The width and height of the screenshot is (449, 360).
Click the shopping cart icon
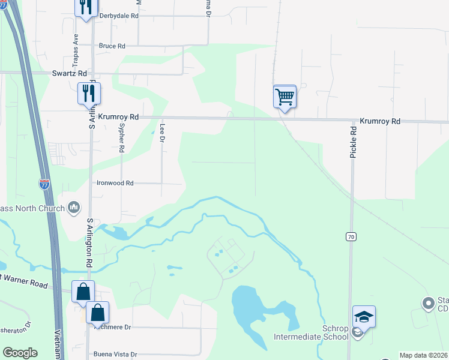coord(285,96)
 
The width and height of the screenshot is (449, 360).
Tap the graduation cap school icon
coord(364,316)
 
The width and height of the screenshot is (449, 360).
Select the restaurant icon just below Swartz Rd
coord(89,93)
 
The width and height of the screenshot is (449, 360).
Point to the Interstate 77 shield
coord(44,184)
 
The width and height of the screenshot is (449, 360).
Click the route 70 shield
coord(351,238)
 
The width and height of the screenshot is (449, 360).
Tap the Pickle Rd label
coord(354,142)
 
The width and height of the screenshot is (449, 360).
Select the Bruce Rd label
coord(112,46)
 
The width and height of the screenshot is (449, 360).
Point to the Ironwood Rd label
coord(115,183)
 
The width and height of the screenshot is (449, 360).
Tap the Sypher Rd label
coord(121,139)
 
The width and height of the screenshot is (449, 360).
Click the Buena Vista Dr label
coord(115,355)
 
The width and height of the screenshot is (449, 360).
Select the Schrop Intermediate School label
coord(311,332)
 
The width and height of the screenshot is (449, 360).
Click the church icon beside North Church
coord(74,207)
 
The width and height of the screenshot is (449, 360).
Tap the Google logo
coord(20,353)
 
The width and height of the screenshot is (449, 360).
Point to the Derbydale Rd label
coord(118,16)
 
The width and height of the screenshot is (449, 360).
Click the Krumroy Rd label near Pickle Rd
coord(380,121)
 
